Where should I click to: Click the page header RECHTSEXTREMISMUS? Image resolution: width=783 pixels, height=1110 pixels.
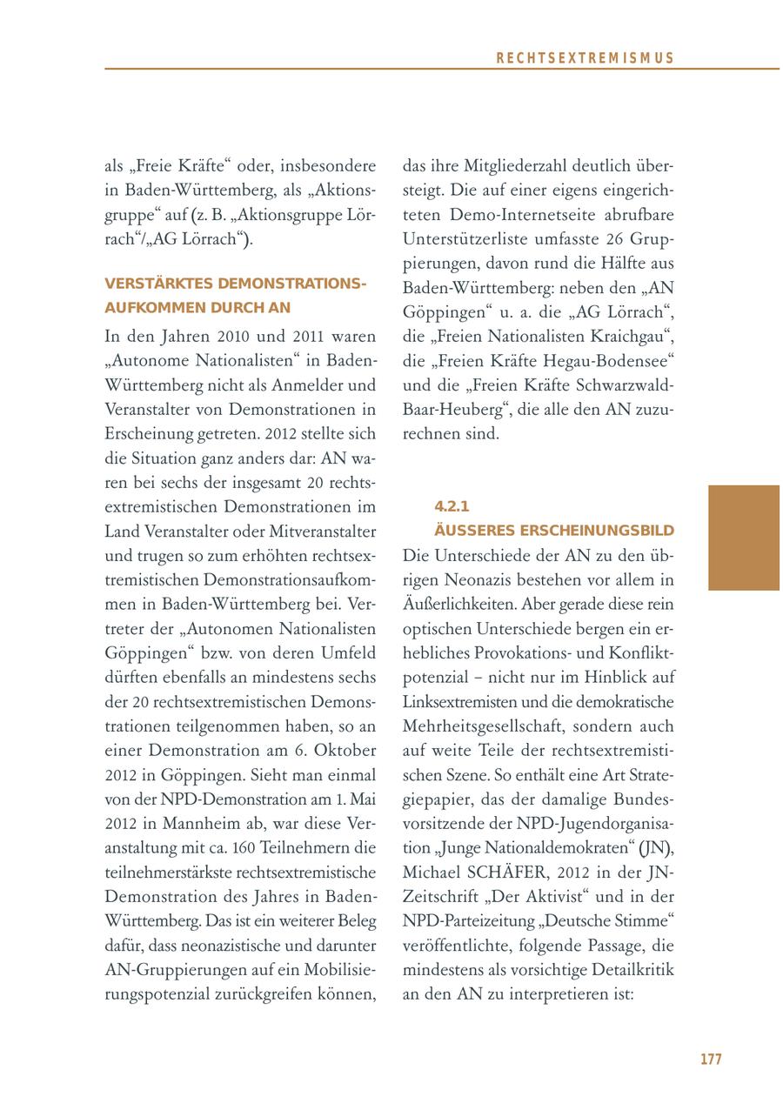(585, 58)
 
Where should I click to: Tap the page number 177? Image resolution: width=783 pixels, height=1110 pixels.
(711, 1059)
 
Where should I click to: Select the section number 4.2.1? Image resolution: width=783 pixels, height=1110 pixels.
(452, 506)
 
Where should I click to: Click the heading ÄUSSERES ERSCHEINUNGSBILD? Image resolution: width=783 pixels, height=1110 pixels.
(554, 531)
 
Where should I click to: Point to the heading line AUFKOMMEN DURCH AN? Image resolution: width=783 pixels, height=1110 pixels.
(197, 308)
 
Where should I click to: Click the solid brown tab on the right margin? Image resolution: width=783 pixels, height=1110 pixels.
(744, 538)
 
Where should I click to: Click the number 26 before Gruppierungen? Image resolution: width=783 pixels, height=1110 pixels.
(607, 238)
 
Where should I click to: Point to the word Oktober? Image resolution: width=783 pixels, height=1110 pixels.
(346, 750)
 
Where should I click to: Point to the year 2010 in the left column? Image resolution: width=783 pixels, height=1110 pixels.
(235, 336)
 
